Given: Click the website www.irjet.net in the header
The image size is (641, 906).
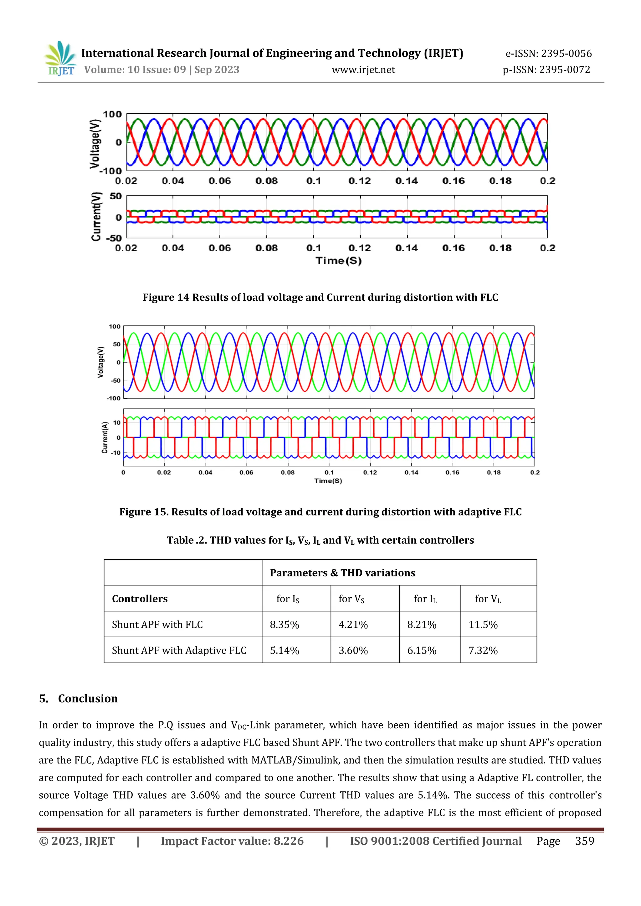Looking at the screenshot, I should [x=363, y=70].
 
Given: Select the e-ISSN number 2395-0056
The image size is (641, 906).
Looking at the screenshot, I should [x=549, y=53].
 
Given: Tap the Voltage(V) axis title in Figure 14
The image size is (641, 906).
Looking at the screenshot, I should [x=95, y=144].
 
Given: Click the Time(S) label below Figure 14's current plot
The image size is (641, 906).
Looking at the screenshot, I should [x=338, y=261].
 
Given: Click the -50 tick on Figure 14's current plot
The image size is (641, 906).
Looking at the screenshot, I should [x=114, y=238].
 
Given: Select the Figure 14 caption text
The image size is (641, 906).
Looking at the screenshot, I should [x=320, y=297].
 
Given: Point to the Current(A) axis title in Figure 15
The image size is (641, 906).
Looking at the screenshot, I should [x=105, y=437].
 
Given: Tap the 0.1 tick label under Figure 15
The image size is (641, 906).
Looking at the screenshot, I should [x=329, y=472].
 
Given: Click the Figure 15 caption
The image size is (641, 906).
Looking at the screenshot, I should [x=320, y=512].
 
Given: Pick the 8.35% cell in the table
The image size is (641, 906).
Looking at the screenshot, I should [x=284, y=625].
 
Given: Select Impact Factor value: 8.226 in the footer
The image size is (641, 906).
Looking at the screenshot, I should [x=232, y=841].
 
